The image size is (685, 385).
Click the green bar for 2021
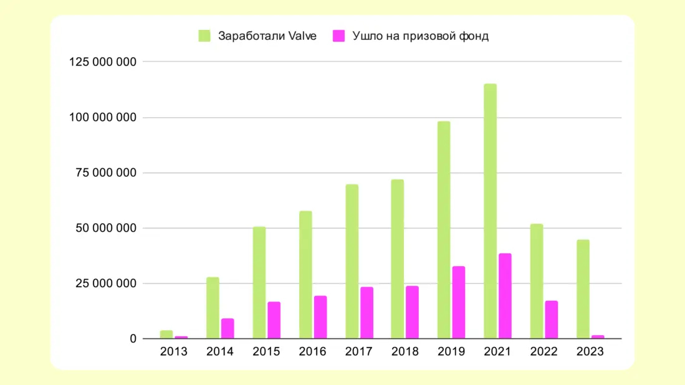pyautogui.click(x=490, y=211)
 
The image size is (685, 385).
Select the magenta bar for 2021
pyautogui.click(x=505, y=296)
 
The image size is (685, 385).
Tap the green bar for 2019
pyautogui.click(x=444, y=230)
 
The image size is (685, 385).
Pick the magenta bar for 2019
pyautogui.click(x=459, y=303)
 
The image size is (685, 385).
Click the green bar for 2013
pyautogui.click(x=166, y=335)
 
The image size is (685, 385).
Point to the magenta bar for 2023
pyautogui.click(x=598, y=337)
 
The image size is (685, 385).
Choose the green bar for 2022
pyautogui.click(x=537, y=281)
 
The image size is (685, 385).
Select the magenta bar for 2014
pyautogui.click(x=228, y=329)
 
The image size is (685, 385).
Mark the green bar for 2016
pyautogui.click(x=305, y=275)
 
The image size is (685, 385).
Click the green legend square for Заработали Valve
pyautogui.click(x=204, y=36)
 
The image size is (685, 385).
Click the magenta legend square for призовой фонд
pyautogui.click(x=338, y=36)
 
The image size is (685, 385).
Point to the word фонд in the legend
pyautogui.click(x=474, y=36)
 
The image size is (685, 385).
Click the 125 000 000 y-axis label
pyautogui.click(x=103, y=62)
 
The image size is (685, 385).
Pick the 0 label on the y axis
pyautogui.click(x=133, y=339)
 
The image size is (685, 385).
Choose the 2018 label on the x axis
pyautogui.click(x=405, y=352)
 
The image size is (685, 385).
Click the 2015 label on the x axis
pyautogui.click(x=266, y=352)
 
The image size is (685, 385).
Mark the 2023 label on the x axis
pyautogui.click(x=590, y=352)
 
